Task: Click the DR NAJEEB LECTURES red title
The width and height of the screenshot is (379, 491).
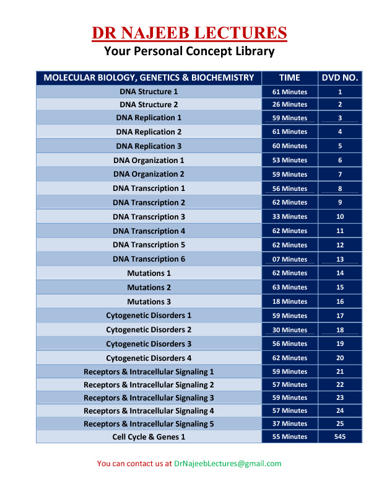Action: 189,33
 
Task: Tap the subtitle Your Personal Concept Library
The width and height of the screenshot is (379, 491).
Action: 189,51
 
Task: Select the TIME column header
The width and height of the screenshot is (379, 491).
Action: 289,78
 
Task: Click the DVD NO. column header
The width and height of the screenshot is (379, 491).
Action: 340,78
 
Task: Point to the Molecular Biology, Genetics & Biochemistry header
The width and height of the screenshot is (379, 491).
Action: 149,78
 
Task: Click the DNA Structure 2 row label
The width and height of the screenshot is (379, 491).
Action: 149,105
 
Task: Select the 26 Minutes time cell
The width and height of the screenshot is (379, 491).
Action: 289,105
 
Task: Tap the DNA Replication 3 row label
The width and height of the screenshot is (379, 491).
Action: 149,146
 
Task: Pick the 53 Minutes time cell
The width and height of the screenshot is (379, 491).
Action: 289,161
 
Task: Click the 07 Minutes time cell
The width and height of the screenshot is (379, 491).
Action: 289,260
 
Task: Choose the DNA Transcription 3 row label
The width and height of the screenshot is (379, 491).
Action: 149,217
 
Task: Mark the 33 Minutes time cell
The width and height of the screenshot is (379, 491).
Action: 289,217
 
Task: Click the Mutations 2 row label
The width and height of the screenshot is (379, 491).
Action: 149,288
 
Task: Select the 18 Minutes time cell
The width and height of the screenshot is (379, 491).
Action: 289,302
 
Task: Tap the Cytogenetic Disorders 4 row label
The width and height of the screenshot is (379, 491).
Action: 149,358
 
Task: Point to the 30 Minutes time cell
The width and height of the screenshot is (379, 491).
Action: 289,330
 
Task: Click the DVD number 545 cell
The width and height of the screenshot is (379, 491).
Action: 340,437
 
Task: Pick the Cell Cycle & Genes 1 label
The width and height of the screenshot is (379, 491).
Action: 149,437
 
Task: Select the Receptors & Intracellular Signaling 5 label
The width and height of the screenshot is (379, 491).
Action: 149,424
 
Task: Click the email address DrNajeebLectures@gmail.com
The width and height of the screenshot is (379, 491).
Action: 227,464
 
